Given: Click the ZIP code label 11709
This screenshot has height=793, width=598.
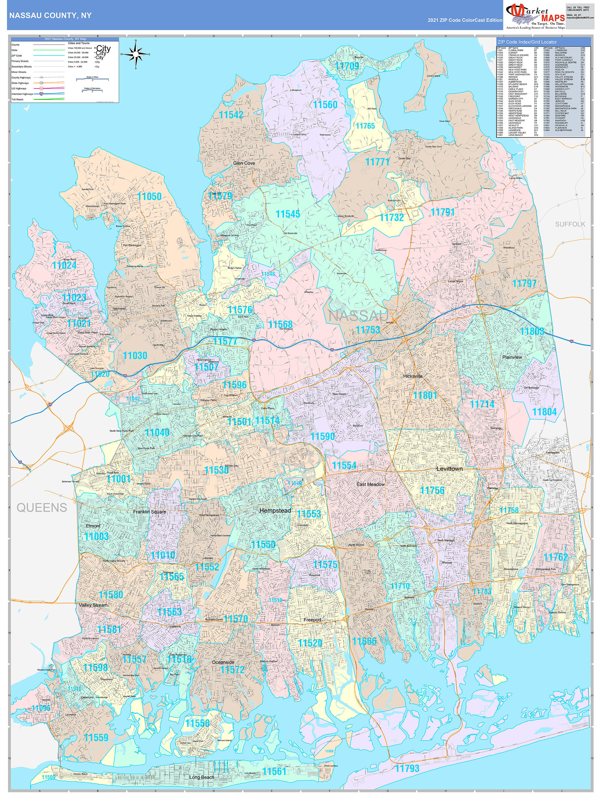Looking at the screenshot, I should [347, 66].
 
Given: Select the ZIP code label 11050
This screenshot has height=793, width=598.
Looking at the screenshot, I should [149, 196].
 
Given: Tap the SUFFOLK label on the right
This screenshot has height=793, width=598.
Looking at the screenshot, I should [570, 224].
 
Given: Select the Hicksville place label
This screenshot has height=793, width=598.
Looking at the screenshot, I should [413, 376].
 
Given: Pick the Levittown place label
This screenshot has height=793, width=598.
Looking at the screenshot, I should [449, 469].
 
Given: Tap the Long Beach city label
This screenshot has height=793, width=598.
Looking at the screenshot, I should [202, 777].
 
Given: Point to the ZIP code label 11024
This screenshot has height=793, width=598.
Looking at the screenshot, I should [64, 265].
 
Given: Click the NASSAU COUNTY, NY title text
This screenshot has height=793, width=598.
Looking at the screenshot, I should [50, 16].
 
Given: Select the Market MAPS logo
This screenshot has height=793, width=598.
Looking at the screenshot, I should [535, 16].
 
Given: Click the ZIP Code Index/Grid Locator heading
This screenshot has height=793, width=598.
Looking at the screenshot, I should [527, 42].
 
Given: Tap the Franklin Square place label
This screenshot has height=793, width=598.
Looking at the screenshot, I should [149, 512].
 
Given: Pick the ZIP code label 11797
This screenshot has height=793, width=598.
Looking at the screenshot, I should [524, 284].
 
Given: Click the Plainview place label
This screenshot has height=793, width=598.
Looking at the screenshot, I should [512, 357].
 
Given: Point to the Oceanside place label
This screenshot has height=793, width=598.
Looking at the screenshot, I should [223, 662].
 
